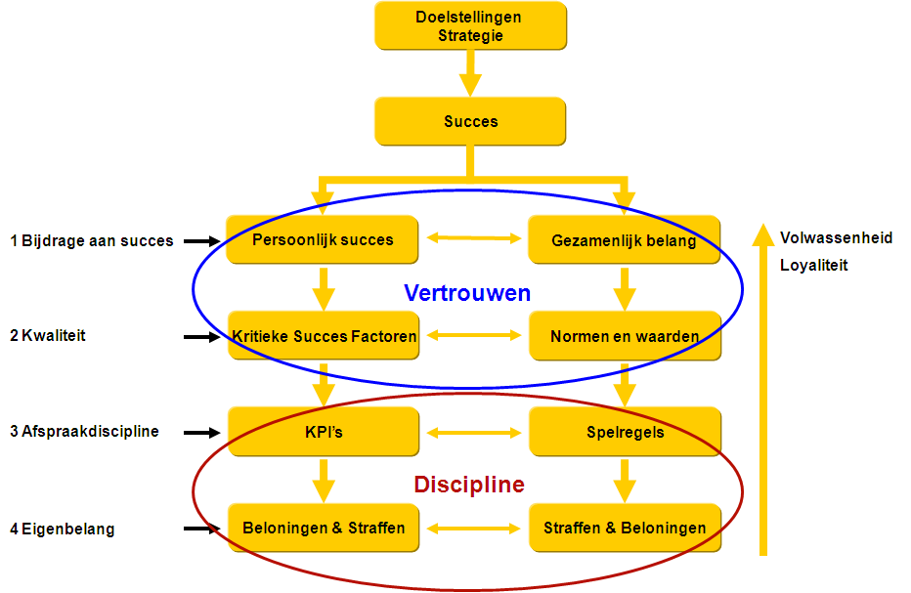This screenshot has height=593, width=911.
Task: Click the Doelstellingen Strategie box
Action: pos(470,26)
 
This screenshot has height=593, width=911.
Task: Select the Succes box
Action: pos(470,122)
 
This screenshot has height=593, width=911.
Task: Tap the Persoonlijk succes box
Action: pos(324,239)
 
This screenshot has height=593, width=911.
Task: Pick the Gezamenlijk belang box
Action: pos(624,240)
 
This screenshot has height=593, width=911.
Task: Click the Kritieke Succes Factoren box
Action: pos(324,336)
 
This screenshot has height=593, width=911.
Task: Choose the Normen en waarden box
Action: pos(624,336)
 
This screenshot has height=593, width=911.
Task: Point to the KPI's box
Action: pos(324,432)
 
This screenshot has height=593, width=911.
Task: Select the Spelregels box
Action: pos(624,432)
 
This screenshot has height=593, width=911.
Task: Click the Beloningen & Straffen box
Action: pos(324,528)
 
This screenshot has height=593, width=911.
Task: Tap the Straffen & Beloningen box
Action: pos(624,528)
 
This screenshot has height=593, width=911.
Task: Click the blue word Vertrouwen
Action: pos(467,292)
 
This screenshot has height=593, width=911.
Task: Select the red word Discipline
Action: pos(468,485)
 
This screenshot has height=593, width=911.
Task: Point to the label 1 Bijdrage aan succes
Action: pos(92,240)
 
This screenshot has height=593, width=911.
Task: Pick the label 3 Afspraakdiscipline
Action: pos(84,431)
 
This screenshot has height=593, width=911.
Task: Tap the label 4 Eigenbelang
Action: pos(63,529)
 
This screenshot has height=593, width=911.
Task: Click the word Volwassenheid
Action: pos(836,237)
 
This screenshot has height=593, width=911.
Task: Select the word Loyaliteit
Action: pos(813,265)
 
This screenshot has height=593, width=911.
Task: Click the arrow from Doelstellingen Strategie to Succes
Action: pos(470,73)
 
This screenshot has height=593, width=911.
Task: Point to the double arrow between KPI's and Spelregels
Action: pos(474,432)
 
